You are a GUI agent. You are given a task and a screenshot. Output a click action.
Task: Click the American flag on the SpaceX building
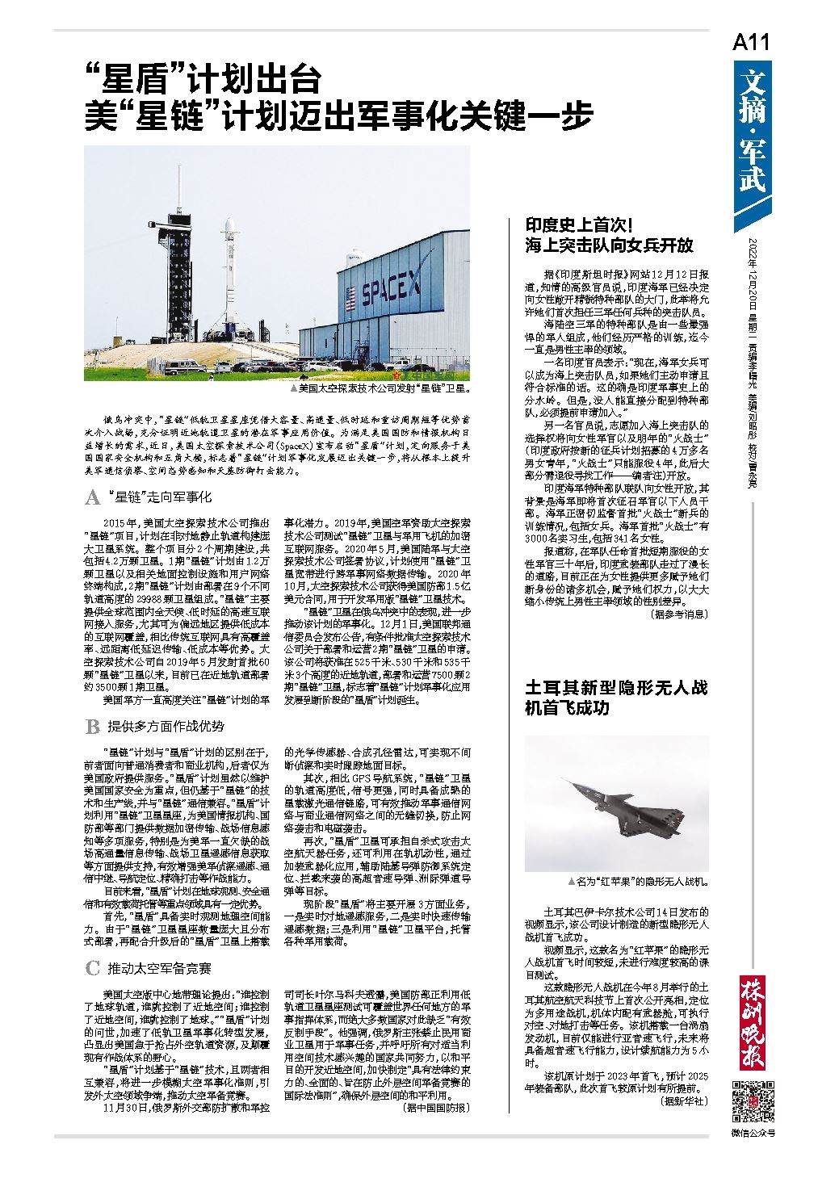350,298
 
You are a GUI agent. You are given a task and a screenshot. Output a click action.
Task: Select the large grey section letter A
93,497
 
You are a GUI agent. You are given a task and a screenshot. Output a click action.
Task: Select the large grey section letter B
93,727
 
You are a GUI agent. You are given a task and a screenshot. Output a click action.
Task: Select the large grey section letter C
93,968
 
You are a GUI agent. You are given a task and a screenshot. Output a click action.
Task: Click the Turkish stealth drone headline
616,698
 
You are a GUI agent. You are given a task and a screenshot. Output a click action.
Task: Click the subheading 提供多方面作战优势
166,727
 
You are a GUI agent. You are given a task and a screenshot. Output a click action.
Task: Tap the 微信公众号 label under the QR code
752,1134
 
